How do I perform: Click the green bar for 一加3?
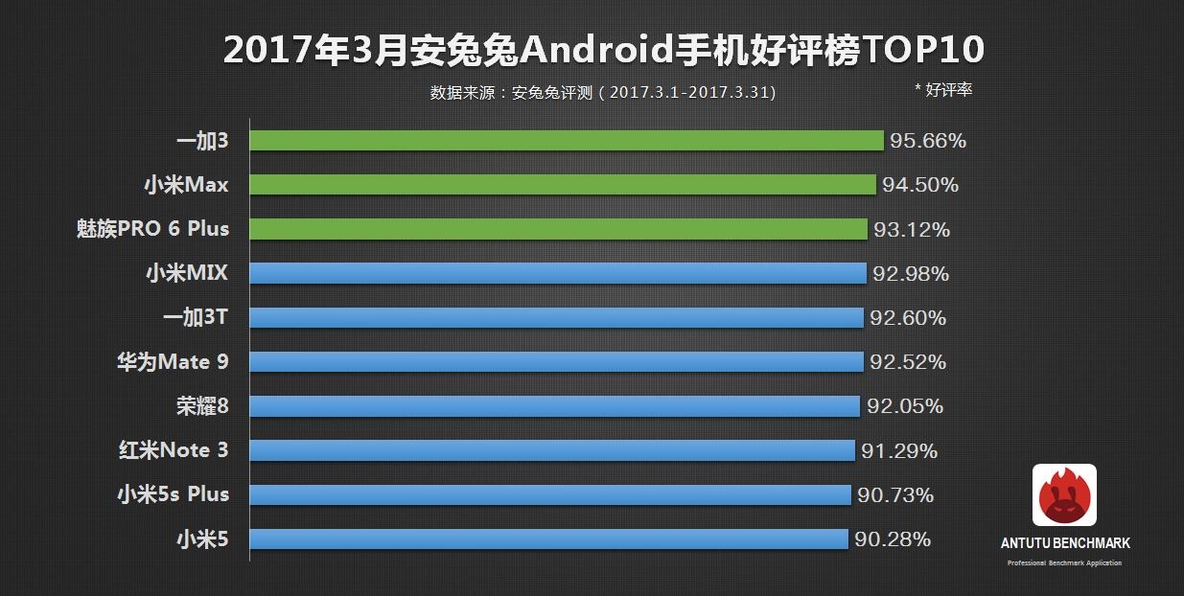tap(567, 141)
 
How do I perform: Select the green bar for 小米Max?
tap(563, 185)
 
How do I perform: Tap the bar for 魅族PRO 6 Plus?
tap(559, 229)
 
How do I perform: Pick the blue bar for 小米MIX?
tap(558, 274)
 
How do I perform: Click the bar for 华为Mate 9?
tap(556, 362)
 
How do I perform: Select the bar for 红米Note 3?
tap(552, 450)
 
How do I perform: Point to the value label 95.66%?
tap(927, 141)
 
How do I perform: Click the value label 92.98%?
tap(910, 274)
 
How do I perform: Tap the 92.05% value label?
tap(904, 406)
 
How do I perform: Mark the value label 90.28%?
tap(892, 539)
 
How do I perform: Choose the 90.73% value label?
tap(894, 494)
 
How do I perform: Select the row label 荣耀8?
tap(202, 406)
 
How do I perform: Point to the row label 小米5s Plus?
tap(173, 494)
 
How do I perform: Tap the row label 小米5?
tap(202, 539)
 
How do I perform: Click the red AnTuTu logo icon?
tap(1064, 495)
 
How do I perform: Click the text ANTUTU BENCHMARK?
tap(1065, 543)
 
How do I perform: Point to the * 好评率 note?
tap(943, 89)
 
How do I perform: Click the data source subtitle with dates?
tap(603, 93)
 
